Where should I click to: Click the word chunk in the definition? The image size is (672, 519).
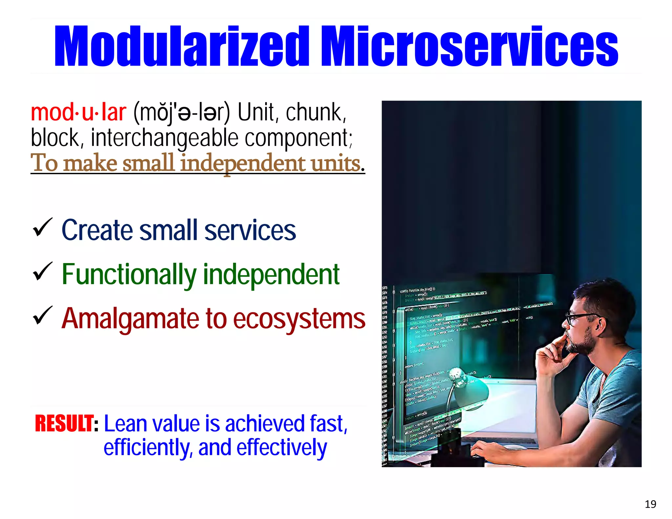click(x=315, y=112)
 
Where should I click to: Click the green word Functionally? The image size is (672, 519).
click(x=129, y=275)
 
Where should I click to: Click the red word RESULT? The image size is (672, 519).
click(x=65, y=424)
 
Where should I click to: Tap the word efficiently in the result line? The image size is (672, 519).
click(x=147, y=448)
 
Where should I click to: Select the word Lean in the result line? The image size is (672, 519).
click(x=126, y=424)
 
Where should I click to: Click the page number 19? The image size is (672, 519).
click(x=650, y=504)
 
